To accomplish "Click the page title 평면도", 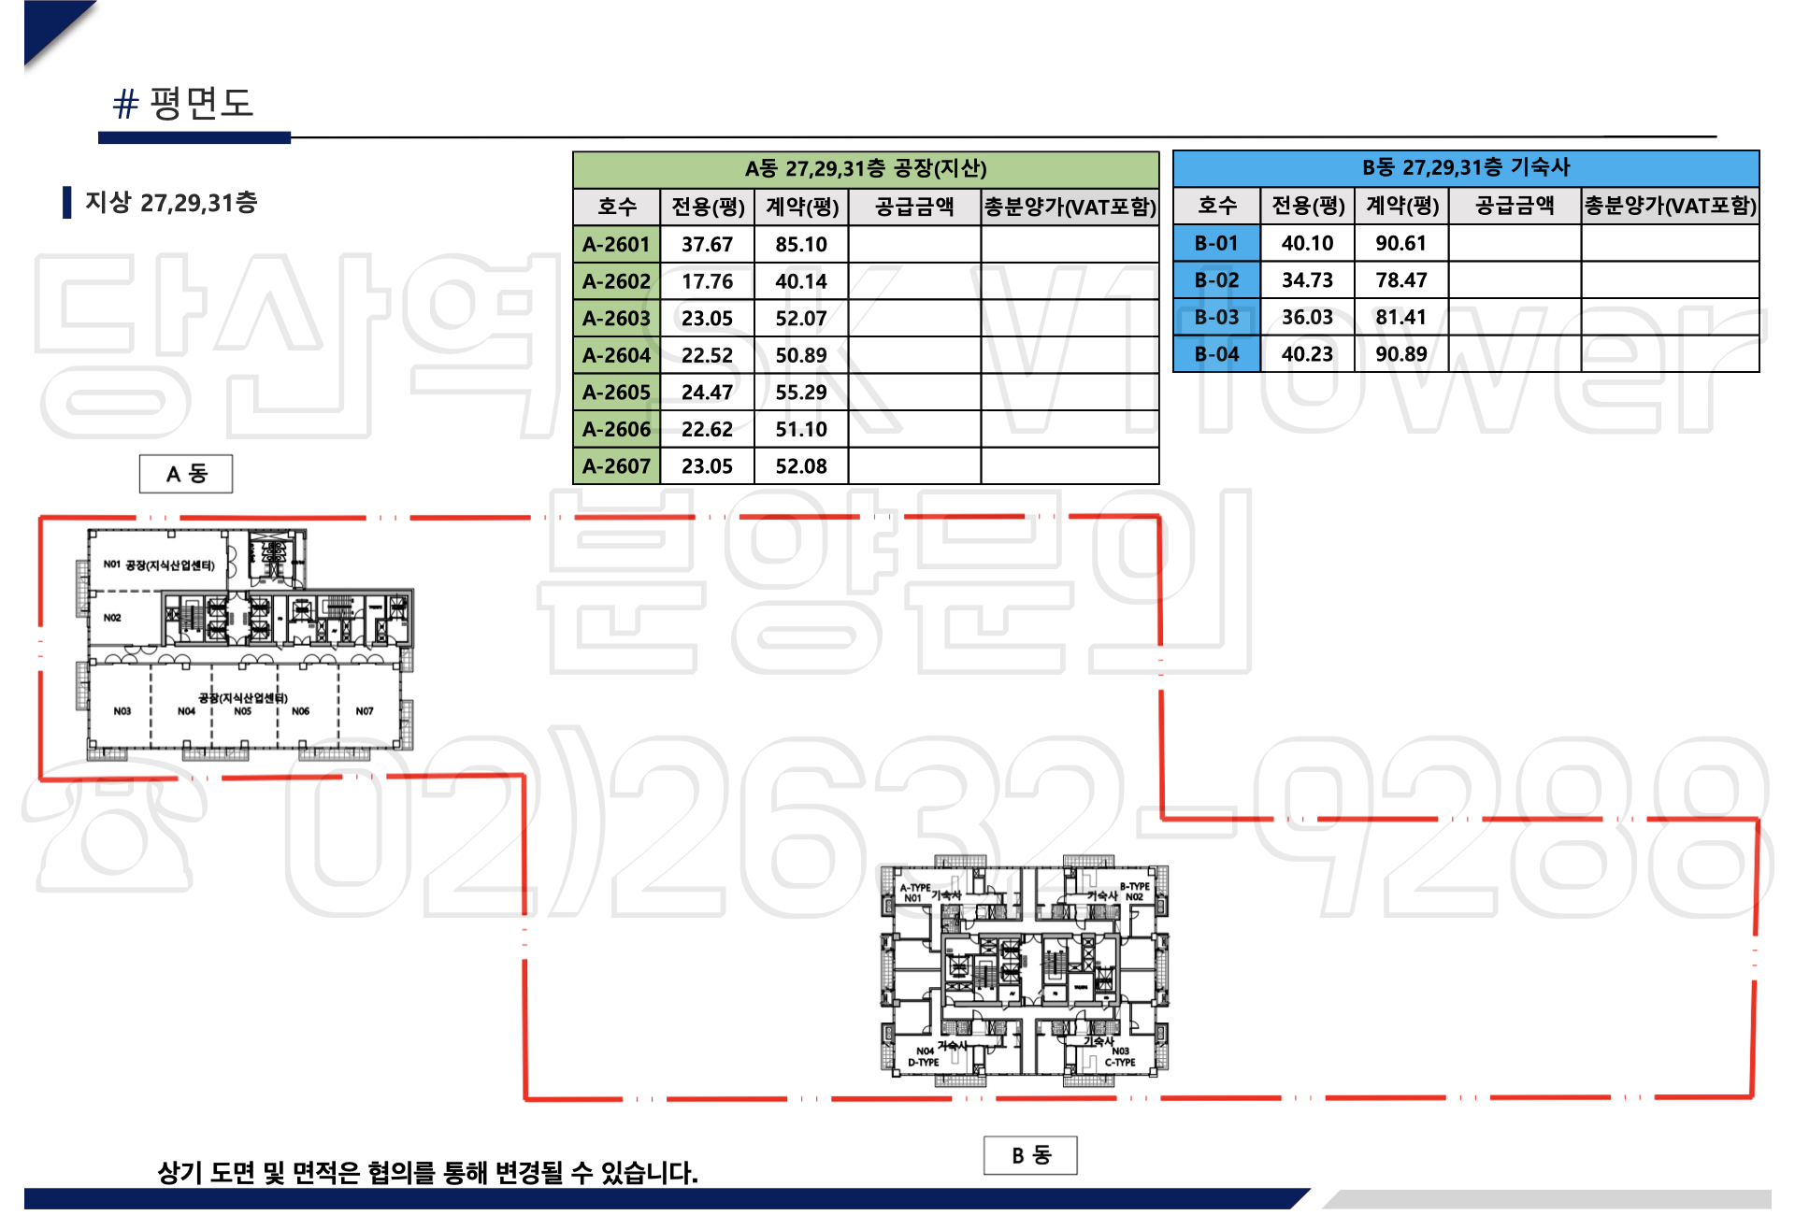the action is tap(200, 103).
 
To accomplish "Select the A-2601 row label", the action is tap(616, 245).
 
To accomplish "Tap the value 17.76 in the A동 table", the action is tap(707, 281).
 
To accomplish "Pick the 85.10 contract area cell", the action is tap(801, 245).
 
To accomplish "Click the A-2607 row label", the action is tap(616, 466).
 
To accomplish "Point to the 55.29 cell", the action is tap(801, 393).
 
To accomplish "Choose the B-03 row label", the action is tap(1216, 318).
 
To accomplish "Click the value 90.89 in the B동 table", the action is tap(1400, 354).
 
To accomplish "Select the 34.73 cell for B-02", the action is tap(1307, 280).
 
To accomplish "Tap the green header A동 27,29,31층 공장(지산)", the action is tap(866, 169).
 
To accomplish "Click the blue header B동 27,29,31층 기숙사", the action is tap(1466, 168).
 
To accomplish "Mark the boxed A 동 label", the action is tap(186, 474).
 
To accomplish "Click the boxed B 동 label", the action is tap(1030, 1155).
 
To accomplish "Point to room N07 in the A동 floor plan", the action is tap(365, 711).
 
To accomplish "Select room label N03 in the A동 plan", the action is tap(122, 711).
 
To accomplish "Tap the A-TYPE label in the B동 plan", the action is tap(914, 888).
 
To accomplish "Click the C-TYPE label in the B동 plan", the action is tap(1120, 1063).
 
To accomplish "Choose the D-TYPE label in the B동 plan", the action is tap(924, 1063).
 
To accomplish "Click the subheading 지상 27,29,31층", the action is tap(171, 203).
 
